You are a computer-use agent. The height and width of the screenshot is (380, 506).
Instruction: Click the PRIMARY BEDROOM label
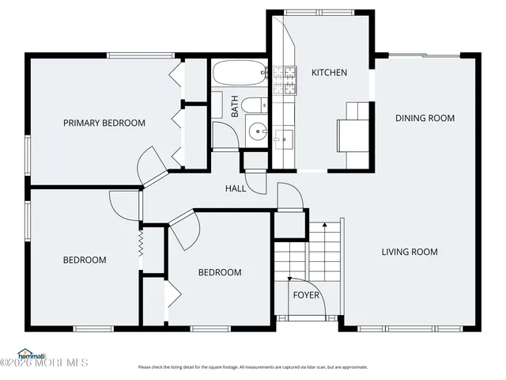(x=104, y=123)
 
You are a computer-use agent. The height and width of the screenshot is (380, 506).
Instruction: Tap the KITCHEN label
(x=329, y=73)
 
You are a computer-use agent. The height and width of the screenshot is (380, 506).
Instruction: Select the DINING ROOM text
(x=425, y=118)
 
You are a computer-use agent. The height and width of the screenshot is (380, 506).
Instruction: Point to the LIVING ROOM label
(x=410, y=252)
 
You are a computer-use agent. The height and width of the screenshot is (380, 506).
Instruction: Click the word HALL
(x=236, y=188)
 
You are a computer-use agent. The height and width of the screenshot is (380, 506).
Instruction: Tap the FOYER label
(x=307, y=295)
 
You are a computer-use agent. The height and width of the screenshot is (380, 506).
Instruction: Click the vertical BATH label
(x=235, y=106)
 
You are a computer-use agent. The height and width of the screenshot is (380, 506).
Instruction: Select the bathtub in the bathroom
(x=240, y=74)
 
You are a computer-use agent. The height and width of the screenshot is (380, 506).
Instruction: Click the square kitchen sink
(x=282, y=139)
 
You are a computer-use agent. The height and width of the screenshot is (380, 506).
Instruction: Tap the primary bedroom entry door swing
(x=150, y=166)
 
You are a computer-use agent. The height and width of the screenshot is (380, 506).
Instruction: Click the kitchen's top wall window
(x=309, y=12)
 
